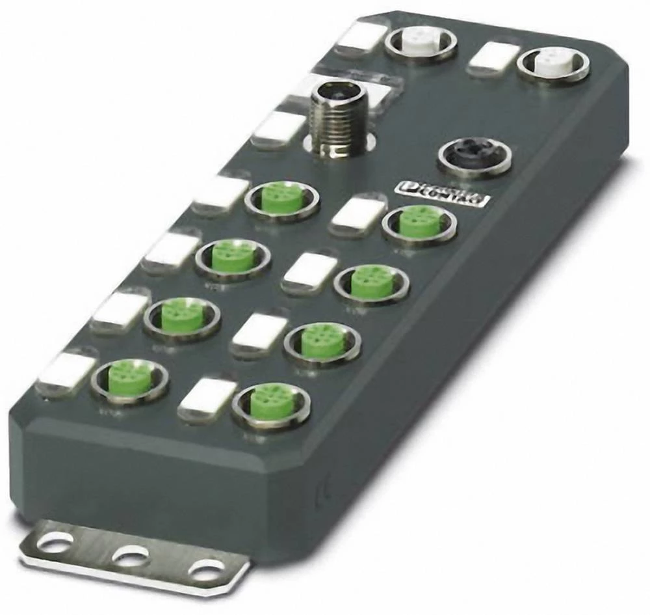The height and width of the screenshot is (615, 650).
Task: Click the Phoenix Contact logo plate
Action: click(442, 194)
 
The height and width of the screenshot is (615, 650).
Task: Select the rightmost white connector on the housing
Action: click(553, 64)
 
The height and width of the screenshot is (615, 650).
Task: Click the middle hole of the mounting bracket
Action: click(130, 556)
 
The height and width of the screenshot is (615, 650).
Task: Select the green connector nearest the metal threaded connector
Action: click(281, 198)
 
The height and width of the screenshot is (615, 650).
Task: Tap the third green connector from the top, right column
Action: click(322, 340)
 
